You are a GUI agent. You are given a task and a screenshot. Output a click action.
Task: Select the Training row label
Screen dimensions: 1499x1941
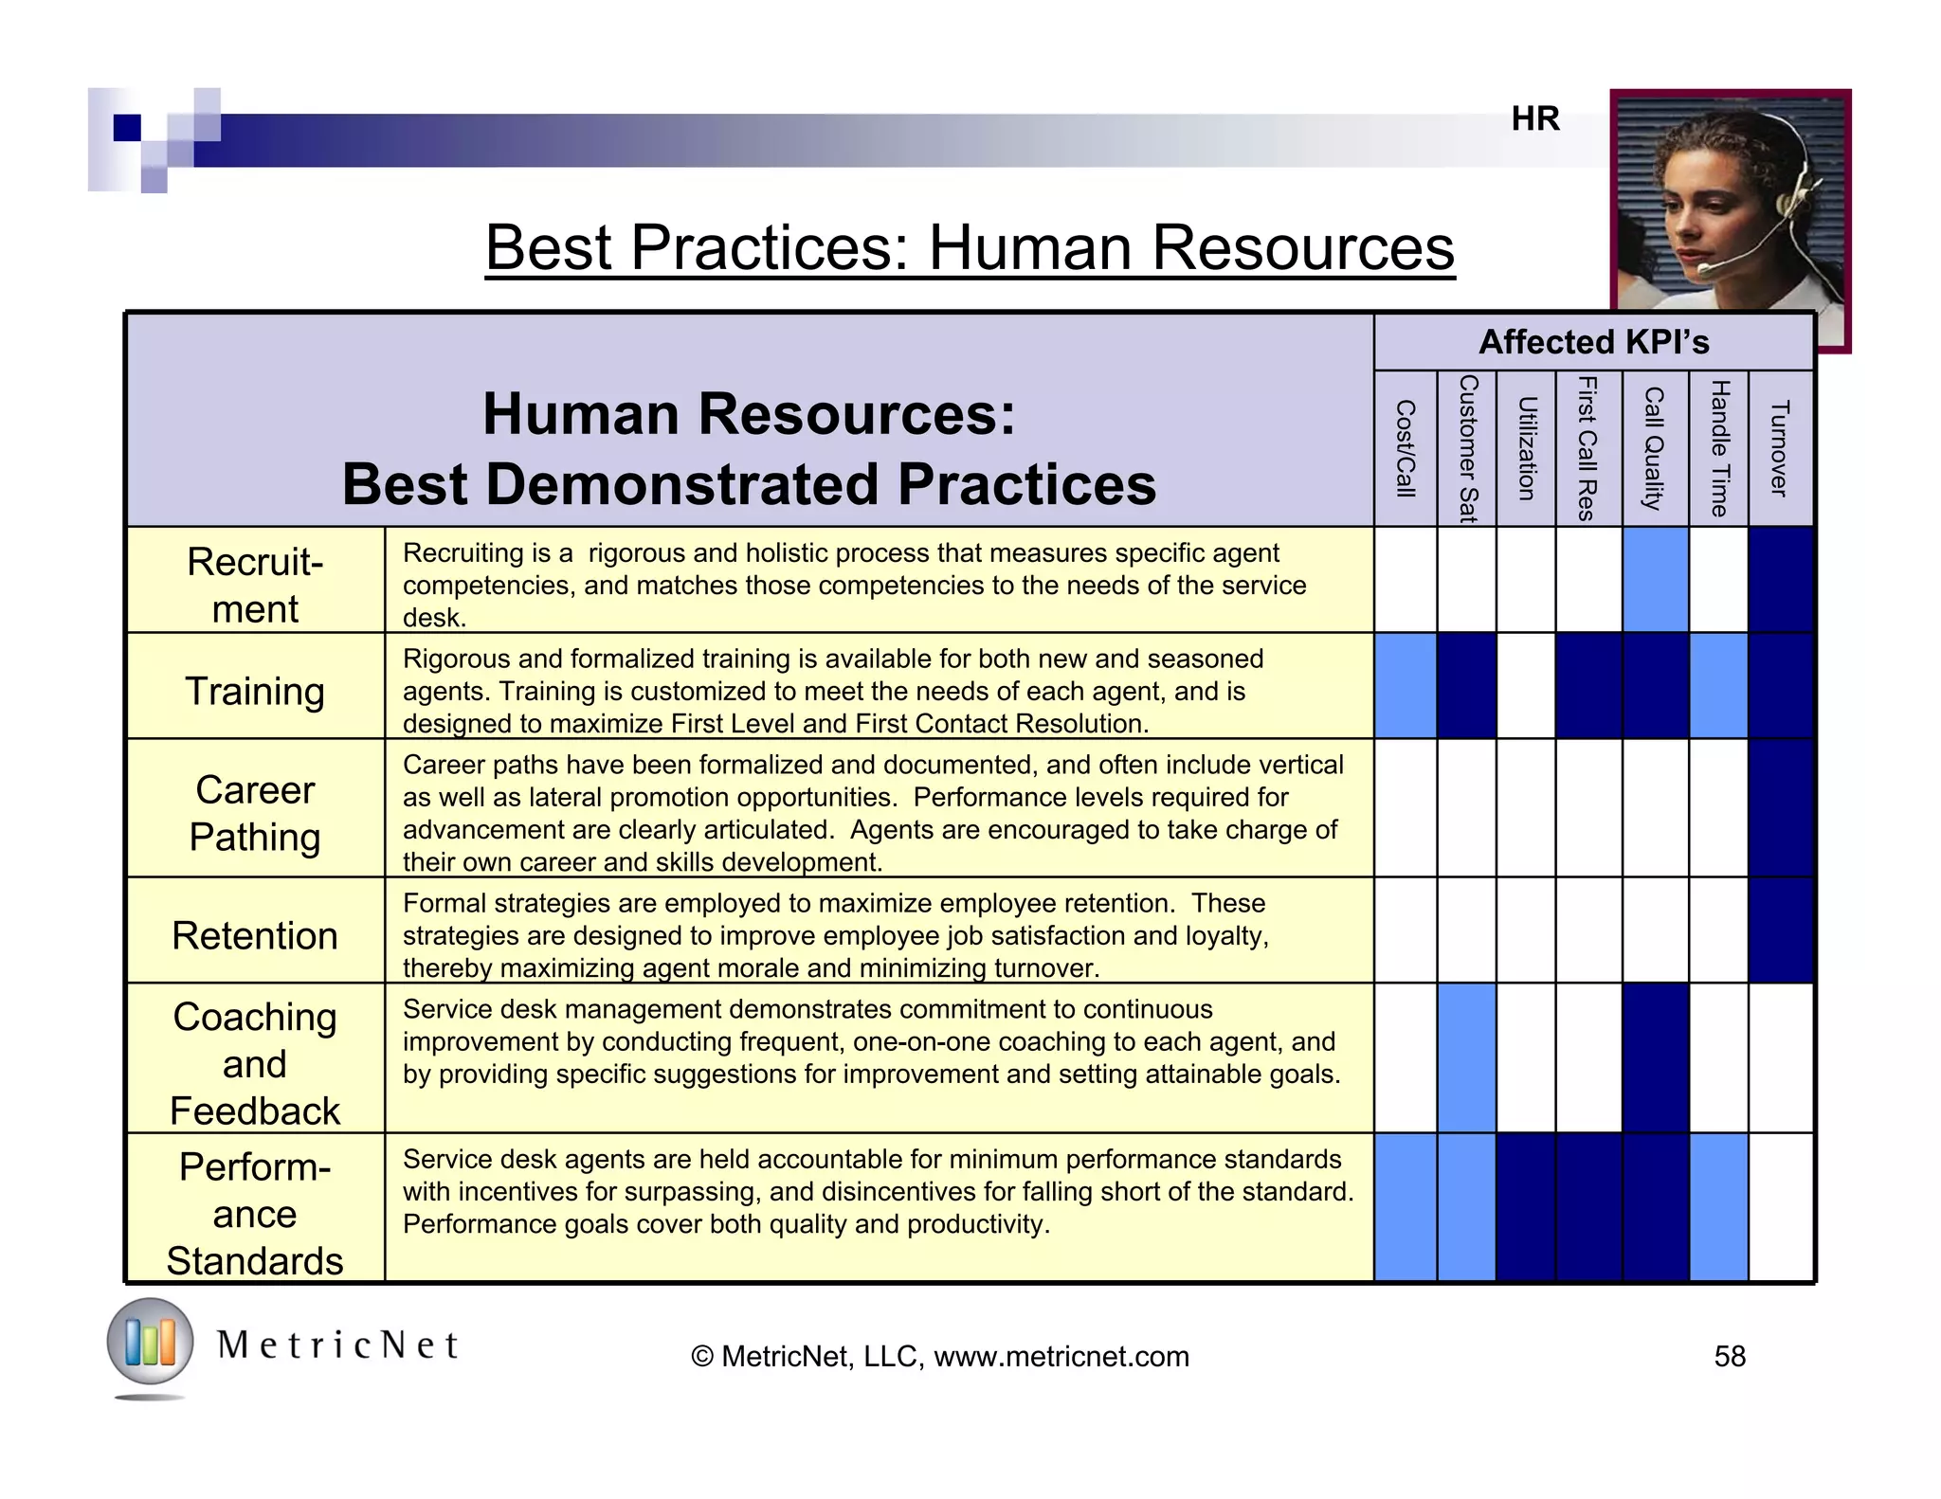point(255,690)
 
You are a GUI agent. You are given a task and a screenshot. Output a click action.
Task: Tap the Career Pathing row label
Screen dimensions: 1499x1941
point(255,812)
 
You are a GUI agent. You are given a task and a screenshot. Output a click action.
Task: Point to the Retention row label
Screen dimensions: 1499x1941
point(255,935)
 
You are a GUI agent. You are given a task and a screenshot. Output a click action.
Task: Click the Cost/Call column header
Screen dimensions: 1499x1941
point(1406,448)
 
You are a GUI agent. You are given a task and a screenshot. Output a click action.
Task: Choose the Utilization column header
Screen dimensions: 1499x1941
point(1526,448)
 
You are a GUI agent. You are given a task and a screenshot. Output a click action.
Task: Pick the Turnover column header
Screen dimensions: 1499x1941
point(1779,448)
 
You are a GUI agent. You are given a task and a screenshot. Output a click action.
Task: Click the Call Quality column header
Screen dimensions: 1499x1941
point(1654,448)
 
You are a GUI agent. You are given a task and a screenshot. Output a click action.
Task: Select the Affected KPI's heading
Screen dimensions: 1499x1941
point(1594,342)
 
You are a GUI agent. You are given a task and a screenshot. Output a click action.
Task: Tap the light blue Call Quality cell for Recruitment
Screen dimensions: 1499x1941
point(1655,580)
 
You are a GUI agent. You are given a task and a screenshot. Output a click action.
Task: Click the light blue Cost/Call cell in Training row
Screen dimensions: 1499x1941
point(1406,686)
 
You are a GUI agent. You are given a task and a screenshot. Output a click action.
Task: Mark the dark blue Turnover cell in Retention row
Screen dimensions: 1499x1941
point(1780,930)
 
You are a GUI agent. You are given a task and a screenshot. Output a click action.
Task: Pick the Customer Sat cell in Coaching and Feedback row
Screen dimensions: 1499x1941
point(1466,1057)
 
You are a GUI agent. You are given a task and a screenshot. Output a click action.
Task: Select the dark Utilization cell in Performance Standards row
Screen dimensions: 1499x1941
point(1526,1207)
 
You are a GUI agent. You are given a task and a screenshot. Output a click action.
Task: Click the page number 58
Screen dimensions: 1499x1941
point(1729,1356)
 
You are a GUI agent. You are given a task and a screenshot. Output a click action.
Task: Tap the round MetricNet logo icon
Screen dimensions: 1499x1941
point(150,1342)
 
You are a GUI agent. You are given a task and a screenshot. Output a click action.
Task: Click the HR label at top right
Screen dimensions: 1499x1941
point(1535,118)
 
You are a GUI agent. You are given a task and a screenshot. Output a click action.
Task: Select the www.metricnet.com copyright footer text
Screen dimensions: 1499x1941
point(940,1356)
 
